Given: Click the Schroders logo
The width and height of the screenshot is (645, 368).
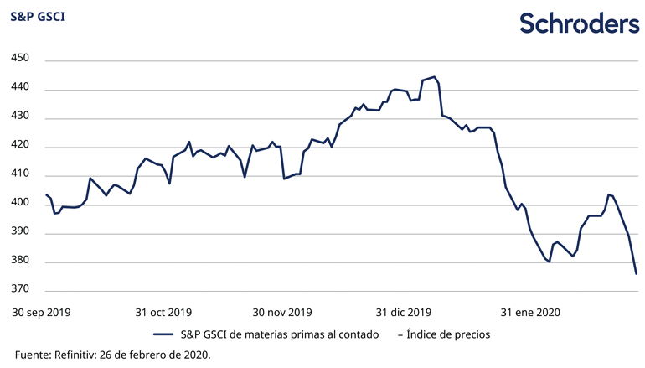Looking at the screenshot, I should (x=579, y=23).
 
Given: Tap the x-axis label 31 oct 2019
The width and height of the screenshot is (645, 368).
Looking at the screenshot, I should (x=163, y=312).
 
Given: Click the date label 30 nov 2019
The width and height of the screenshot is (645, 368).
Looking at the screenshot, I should (x=281, y=312).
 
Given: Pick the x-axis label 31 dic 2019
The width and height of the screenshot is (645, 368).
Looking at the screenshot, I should (x=405, y=312).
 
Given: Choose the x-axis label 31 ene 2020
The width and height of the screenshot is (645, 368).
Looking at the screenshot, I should (x=530, y=312).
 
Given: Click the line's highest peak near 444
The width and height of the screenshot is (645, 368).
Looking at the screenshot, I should (x=433, y=77).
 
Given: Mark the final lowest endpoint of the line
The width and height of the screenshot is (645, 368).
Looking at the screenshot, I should (x=636, y=273).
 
